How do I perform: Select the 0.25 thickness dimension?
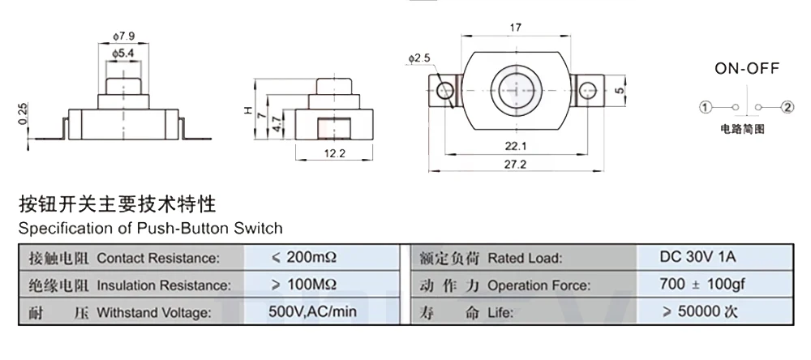point(23,115)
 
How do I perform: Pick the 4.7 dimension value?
point(278,124)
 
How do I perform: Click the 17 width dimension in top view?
point(515,28)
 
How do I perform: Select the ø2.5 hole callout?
point(420,58)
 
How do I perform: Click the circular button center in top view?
point(516,88)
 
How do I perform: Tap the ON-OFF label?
point(746,70)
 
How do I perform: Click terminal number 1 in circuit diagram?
point(706,107)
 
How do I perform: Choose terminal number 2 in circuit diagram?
point(785,107)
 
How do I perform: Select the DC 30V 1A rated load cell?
point(698,257)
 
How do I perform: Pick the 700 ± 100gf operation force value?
point(698,285)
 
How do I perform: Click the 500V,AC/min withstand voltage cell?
point(313,311)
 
